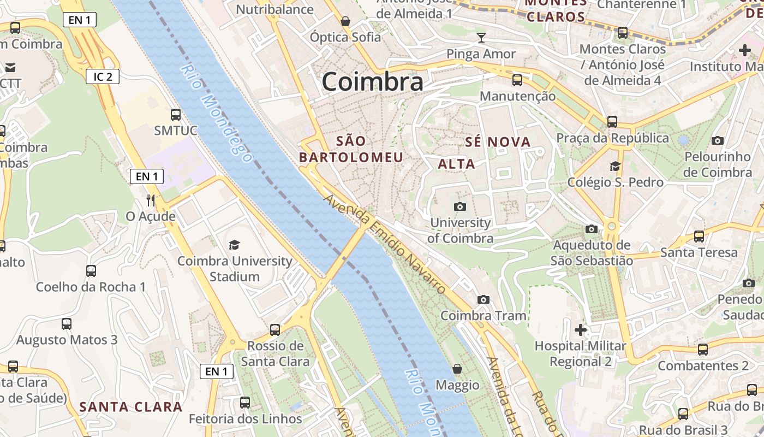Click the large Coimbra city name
[372, 82]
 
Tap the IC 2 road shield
[103, 76]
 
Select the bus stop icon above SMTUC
[176, 115]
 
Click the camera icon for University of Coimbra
[460, 206]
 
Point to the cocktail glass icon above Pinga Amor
[481, 38]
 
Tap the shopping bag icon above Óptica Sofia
[345, 21]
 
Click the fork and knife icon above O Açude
[151, 200]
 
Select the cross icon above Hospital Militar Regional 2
[581, 330]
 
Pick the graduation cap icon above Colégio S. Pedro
[616, 166]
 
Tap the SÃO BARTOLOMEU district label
[351, 149]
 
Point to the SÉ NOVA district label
[498, 142]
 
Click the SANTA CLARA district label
[131, 406]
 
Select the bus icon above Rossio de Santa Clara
[275, 330]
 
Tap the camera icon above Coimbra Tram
[484, 299]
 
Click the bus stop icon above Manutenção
[517, 81]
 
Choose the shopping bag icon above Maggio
[457, 369]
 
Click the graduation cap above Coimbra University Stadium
[235, 245]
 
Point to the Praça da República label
[612, 138]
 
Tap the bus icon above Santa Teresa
[699, 237]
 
